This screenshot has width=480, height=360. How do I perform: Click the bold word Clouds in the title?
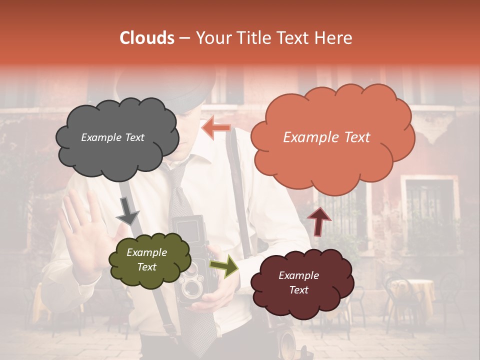tap(147, 38)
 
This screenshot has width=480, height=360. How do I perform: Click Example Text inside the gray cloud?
tap(112, 137)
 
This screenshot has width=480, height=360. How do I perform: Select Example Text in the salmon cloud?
tap(326, 137)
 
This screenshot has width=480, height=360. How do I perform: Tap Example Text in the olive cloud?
tap(146, 260)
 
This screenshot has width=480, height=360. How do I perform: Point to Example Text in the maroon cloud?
tap(298, 282)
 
